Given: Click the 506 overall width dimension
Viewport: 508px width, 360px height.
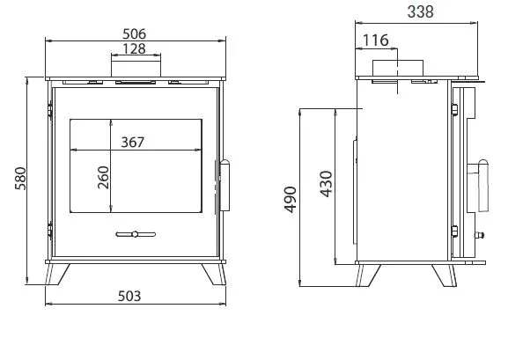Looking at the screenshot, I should point(135,33).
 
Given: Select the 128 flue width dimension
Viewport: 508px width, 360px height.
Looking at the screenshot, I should point(135,49).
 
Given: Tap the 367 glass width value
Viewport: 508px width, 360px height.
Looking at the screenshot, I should point(133,142).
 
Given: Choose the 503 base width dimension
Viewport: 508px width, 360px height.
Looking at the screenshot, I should point(129,296).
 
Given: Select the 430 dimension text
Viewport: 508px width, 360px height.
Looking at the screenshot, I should point(326,184).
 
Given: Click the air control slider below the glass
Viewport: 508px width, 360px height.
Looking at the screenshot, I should point(135,234).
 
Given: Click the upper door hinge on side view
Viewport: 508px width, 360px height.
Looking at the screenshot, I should point(454,109).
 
